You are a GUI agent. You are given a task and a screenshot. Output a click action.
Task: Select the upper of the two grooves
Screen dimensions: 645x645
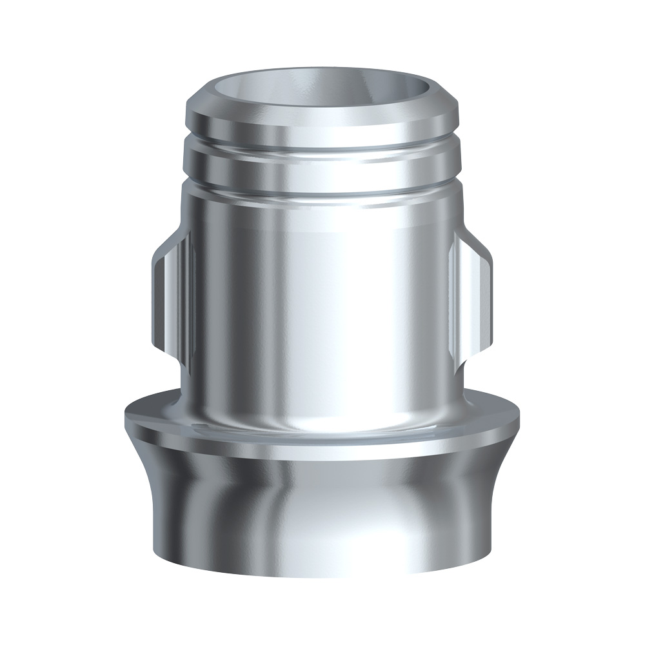click(322, 143)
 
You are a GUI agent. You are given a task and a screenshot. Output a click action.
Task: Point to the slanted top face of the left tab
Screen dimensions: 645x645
click(169, 248)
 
